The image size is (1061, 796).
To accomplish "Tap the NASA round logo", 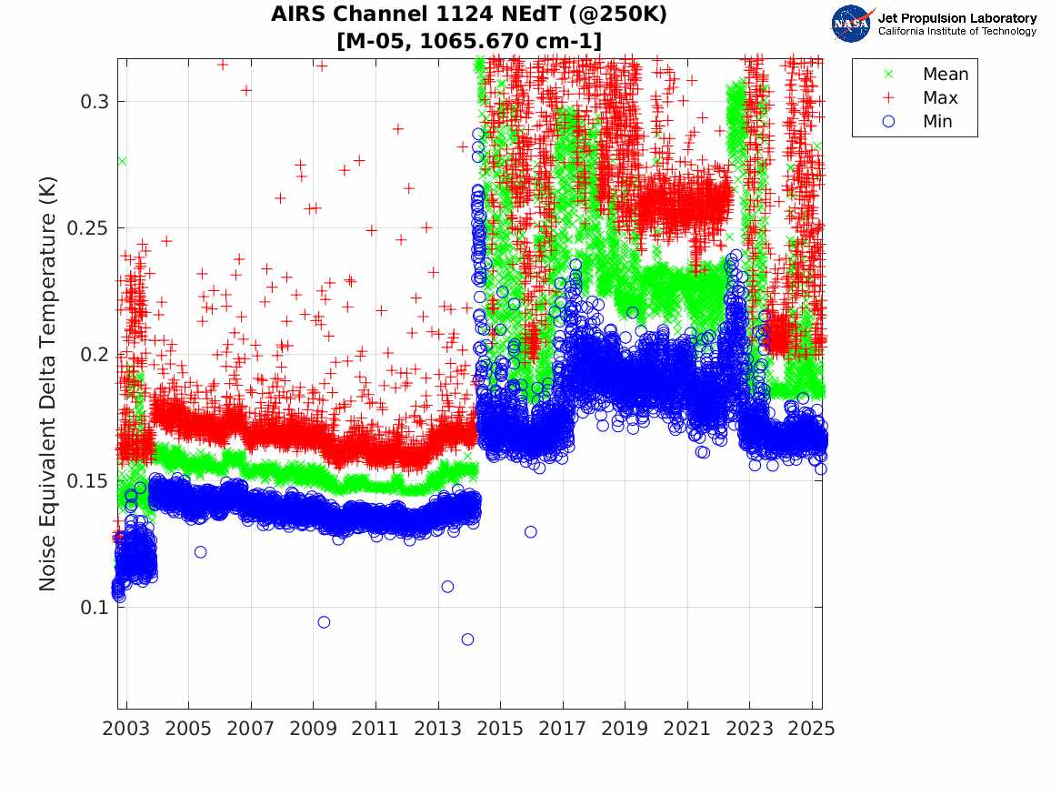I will click(851, 24).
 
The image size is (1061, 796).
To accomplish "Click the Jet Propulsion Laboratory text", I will click(956, 18).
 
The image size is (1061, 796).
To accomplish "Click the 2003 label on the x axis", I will click(125, 729).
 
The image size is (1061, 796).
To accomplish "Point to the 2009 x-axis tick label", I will click(313, 729).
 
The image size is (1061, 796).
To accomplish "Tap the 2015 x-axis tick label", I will click(500, 729).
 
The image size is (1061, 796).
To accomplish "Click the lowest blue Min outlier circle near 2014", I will click(467, 640).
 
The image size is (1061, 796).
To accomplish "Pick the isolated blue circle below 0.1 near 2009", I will click(324, 622).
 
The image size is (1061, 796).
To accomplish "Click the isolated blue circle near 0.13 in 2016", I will click(531, 532).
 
